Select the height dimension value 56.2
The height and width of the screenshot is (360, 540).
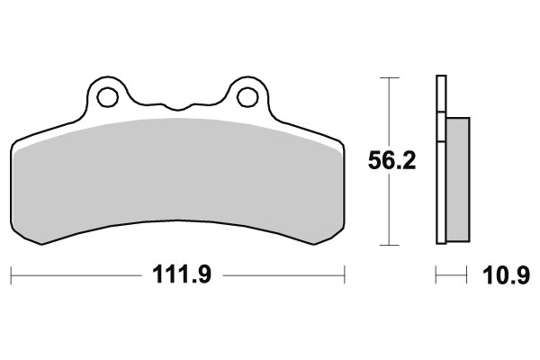point(392,162)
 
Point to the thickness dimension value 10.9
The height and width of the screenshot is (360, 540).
point(500,274)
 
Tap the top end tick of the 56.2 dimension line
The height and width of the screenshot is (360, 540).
point(388,78)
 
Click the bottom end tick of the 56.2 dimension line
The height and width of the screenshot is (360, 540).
point(388,244)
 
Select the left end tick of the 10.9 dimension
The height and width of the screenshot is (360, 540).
point(436,274)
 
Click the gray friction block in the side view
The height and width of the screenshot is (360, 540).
point(457,180)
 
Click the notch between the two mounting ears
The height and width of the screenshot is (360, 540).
point(176,102)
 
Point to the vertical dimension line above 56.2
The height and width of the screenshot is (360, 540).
point(388,112)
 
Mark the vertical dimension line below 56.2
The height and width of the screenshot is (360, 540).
point(388,211)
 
